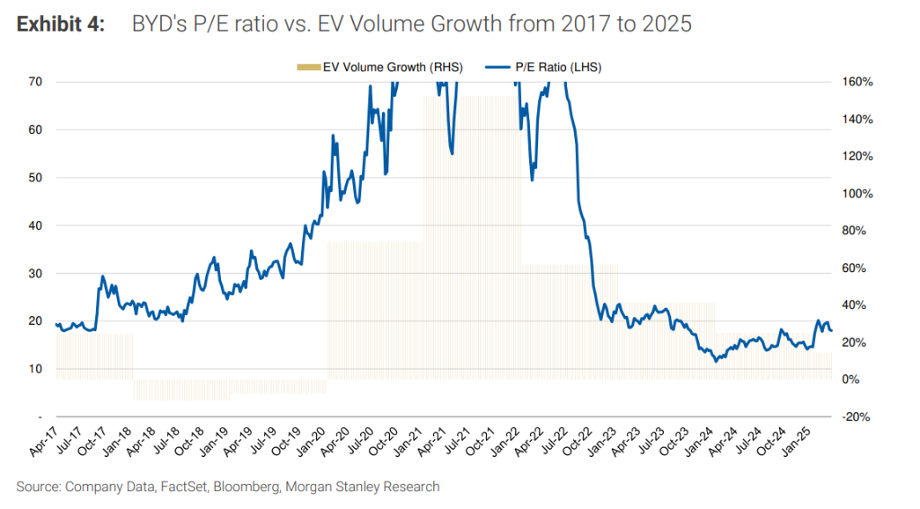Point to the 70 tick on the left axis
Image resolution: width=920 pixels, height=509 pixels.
point(36,82)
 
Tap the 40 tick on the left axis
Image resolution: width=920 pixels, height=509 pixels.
point(36,225)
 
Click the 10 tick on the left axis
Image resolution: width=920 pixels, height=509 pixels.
point(36,369)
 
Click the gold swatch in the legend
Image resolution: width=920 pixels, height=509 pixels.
point(307,67)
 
